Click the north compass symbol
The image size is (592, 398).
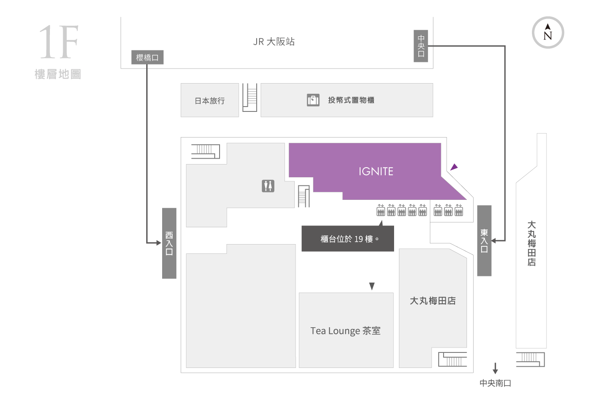click(548, 32)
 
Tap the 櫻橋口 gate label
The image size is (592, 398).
click(147, 57)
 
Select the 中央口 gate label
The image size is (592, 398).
click(421, 46)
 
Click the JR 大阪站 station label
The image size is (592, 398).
click(274, 42)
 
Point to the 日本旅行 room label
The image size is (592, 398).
click(209, 100)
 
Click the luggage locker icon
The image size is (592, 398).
click(313, 100)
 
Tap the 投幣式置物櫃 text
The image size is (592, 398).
click(351, 100)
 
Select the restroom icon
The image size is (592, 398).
click(268, 186)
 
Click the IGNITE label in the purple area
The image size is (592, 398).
click(376, 171)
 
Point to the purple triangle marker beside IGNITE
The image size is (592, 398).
click(454, 167)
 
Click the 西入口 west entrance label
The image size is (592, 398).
click(169, 243)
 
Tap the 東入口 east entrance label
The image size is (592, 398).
click(484, 241)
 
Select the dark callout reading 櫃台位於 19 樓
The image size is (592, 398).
click(348, 238)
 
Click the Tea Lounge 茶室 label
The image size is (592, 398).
click(345, 331)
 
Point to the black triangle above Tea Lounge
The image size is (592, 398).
click(372, 286)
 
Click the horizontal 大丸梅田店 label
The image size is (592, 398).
click(433, 301)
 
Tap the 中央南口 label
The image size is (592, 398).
click(495, 383)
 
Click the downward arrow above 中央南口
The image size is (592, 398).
click(495, 368)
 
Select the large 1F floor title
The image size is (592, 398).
click(59, 42)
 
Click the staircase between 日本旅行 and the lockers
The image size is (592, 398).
click(250, 97)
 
